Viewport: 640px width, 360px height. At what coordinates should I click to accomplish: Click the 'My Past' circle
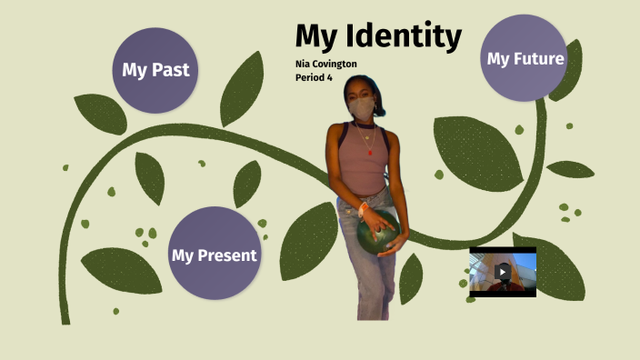click(x=155, y=70)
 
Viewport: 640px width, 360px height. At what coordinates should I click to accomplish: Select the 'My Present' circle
click(x=214, y=254)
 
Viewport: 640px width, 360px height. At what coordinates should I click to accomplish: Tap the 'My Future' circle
click(x=525, y=57)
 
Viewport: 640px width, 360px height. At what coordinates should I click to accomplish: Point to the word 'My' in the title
click(x=315, y=36)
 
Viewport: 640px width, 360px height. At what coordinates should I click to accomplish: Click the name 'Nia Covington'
click(x=326, y=64)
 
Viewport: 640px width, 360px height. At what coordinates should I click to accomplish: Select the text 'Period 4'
click(x=314, y=77)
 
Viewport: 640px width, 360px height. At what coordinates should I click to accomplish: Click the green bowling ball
click(x=376, y=235)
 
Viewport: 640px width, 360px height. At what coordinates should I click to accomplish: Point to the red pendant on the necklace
click(x=370, y=152)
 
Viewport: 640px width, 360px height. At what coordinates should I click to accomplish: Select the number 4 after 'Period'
click(x=329, y=77)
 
